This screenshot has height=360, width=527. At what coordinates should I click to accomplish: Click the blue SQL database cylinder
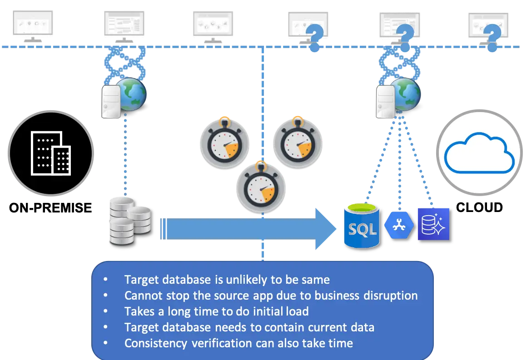pos(362,226)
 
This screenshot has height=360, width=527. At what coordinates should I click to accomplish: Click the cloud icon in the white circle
pos(479,151)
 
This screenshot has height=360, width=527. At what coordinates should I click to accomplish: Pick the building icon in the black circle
pos(50,153)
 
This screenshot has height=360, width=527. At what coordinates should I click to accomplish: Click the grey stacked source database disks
pos(129,221)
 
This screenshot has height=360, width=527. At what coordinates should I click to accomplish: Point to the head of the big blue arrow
pos(327,229)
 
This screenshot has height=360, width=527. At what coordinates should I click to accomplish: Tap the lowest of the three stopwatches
pos(261,187)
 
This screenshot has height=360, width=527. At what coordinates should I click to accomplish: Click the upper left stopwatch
pos(225,143)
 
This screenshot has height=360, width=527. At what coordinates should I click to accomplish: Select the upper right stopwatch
pos(298,143)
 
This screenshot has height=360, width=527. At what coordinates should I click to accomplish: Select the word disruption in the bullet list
pos(391,296)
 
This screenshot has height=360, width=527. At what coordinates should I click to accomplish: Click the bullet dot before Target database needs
pos(106,327)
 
